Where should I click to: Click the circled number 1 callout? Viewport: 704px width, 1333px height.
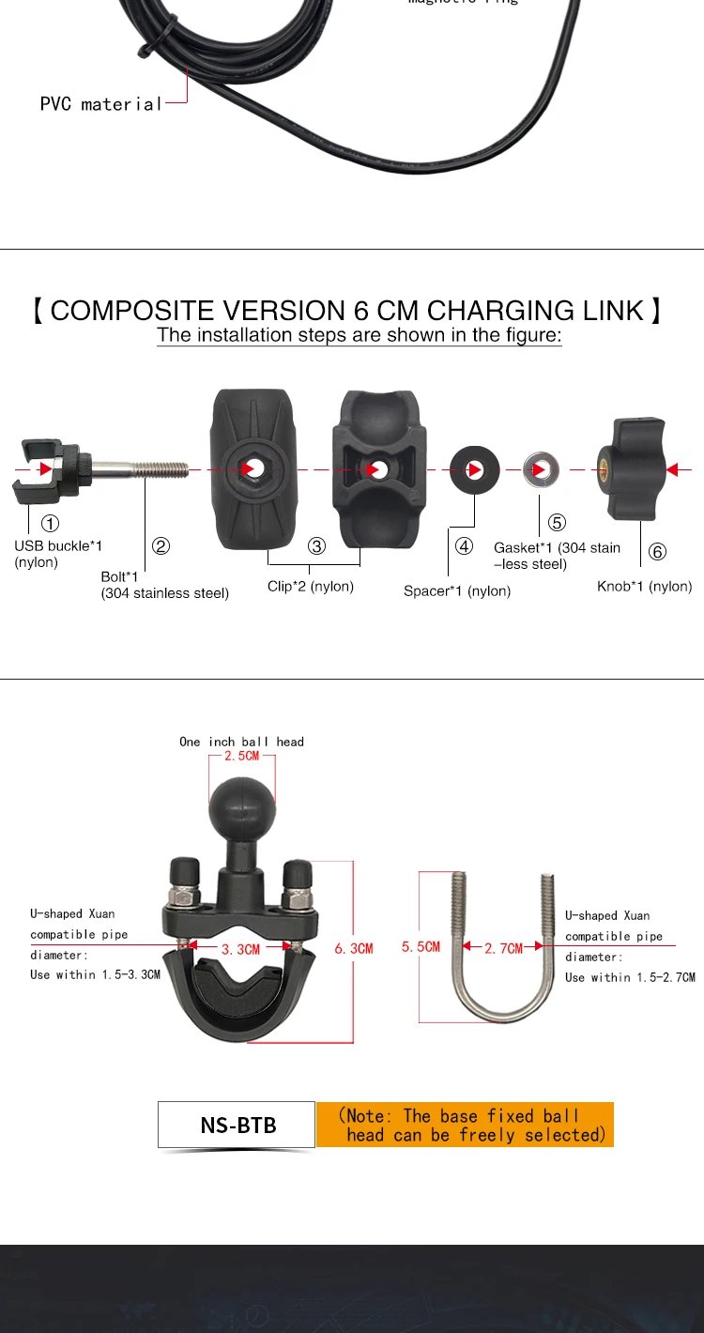pyautogui.click(x=51, y=524)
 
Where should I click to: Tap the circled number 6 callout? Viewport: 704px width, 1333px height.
pyautogui.click(x=657, y=552)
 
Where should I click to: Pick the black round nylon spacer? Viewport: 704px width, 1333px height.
pyautogui.click(x=474, y=468)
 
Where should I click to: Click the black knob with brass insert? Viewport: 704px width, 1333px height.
pyautogui.click(x=630, y=468)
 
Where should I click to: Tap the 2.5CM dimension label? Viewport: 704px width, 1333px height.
pyautogui.click(x=241, y=756)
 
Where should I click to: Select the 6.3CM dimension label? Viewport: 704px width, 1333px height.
pyautogui.click(x=354, y=948)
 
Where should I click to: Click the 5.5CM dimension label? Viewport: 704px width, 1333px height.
pyautogui.click(x=421, y=946)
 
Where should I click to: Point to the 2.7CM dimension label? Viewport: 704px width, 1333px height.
pyautogui.click(x=504, y=948)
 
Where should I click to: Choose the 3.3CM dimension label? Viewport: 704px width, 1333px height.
pyautogui.click(x=241, y=949)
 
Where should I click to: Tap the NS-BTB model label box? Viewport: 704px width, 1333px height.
pyautogui.click(x=237, y=1125)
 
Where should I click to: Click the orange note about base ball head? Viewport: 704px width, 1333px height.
pyautogui.click(x=466, y=1125)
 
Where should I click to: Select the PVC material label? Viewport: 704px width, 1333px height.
pyautogui.click(x=101, y=104)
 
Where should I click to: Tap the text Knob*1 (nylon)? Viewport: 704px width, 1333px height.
pyautogui.click(x=644, y=587)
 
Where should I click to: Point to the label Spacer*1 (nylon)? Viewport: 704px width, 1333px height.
pyautogui.click(x=457, y=591)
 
